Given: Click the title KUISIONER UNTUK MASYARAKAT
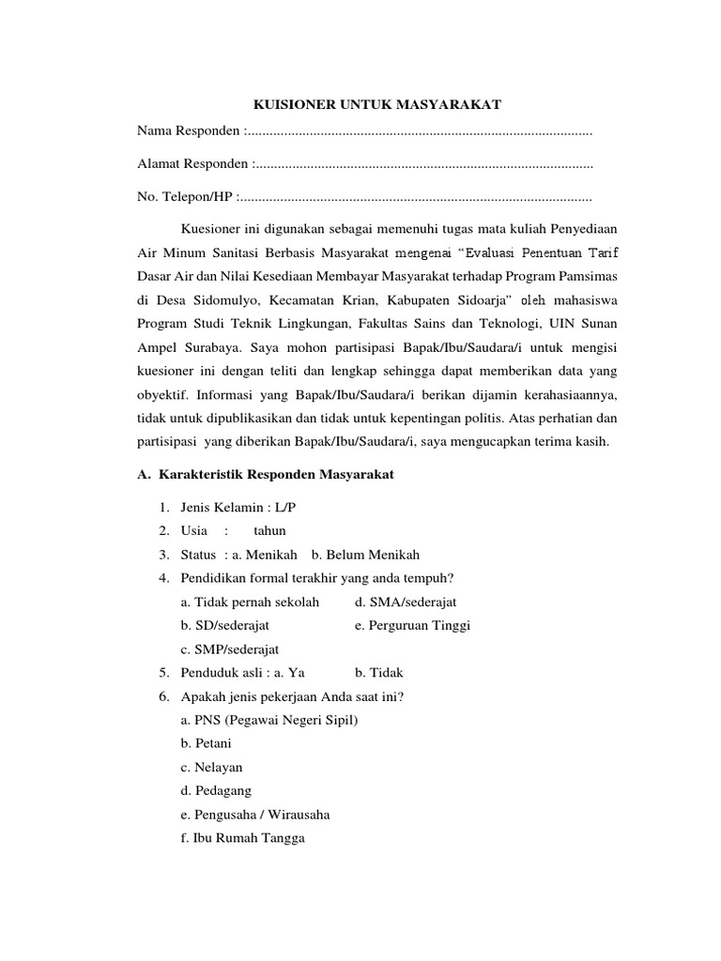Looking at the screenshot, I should (360, 106).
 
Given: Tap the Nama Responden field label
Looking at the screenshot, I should (189, 130).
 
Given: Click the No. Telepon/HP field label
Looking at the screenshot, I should (185, 197).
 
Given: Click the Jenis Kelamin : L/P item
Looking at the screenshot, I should (229, 508).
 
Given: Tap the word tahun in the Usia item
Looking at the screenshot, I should (269, 531).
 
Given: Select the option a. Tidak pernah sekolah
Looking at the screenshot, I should (250, 602).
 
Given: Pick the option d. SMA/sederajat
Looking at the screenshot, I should (406, 602).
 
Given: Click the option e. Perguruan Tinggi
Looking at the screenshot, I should (412, 625).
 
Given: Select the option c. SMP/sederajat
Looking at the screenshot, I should (229, 648).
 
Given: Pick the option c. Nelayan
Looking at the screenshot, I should (211, 767).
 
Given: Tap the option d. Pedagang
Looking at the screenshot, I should (215, 790).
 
